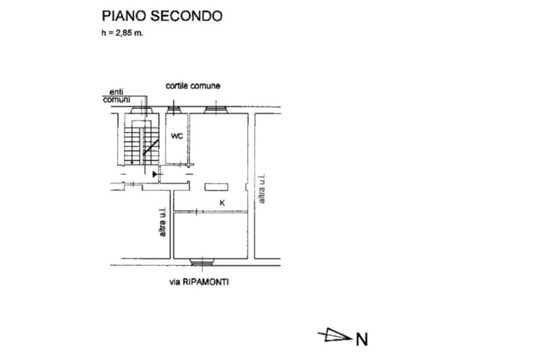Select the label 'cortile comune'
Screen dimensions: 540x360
click(193, 85)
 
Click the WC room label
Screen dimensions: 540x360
click(177, 136)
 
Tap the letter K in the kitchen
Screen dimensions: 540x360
click(222, 202)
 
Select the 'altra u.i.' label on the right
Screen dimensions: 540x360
click(262, 189)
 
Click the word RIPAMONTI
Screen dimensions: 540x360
click(206, 283)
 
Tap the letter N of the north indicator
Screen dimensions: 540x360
click(362, 339)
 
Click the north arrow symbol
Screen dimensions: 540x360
click(334, 335)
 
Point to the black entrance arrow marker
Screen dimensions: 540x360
click(155, 173)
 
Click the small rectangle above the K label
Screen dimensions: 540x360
click(217, 186)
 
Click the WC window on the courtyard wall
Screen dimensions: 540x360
click(174, 110)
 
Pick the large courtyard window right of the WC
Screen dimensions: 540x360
click(216, 110)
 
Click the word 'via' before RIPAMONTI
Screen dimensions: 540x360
click(175, 283)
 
